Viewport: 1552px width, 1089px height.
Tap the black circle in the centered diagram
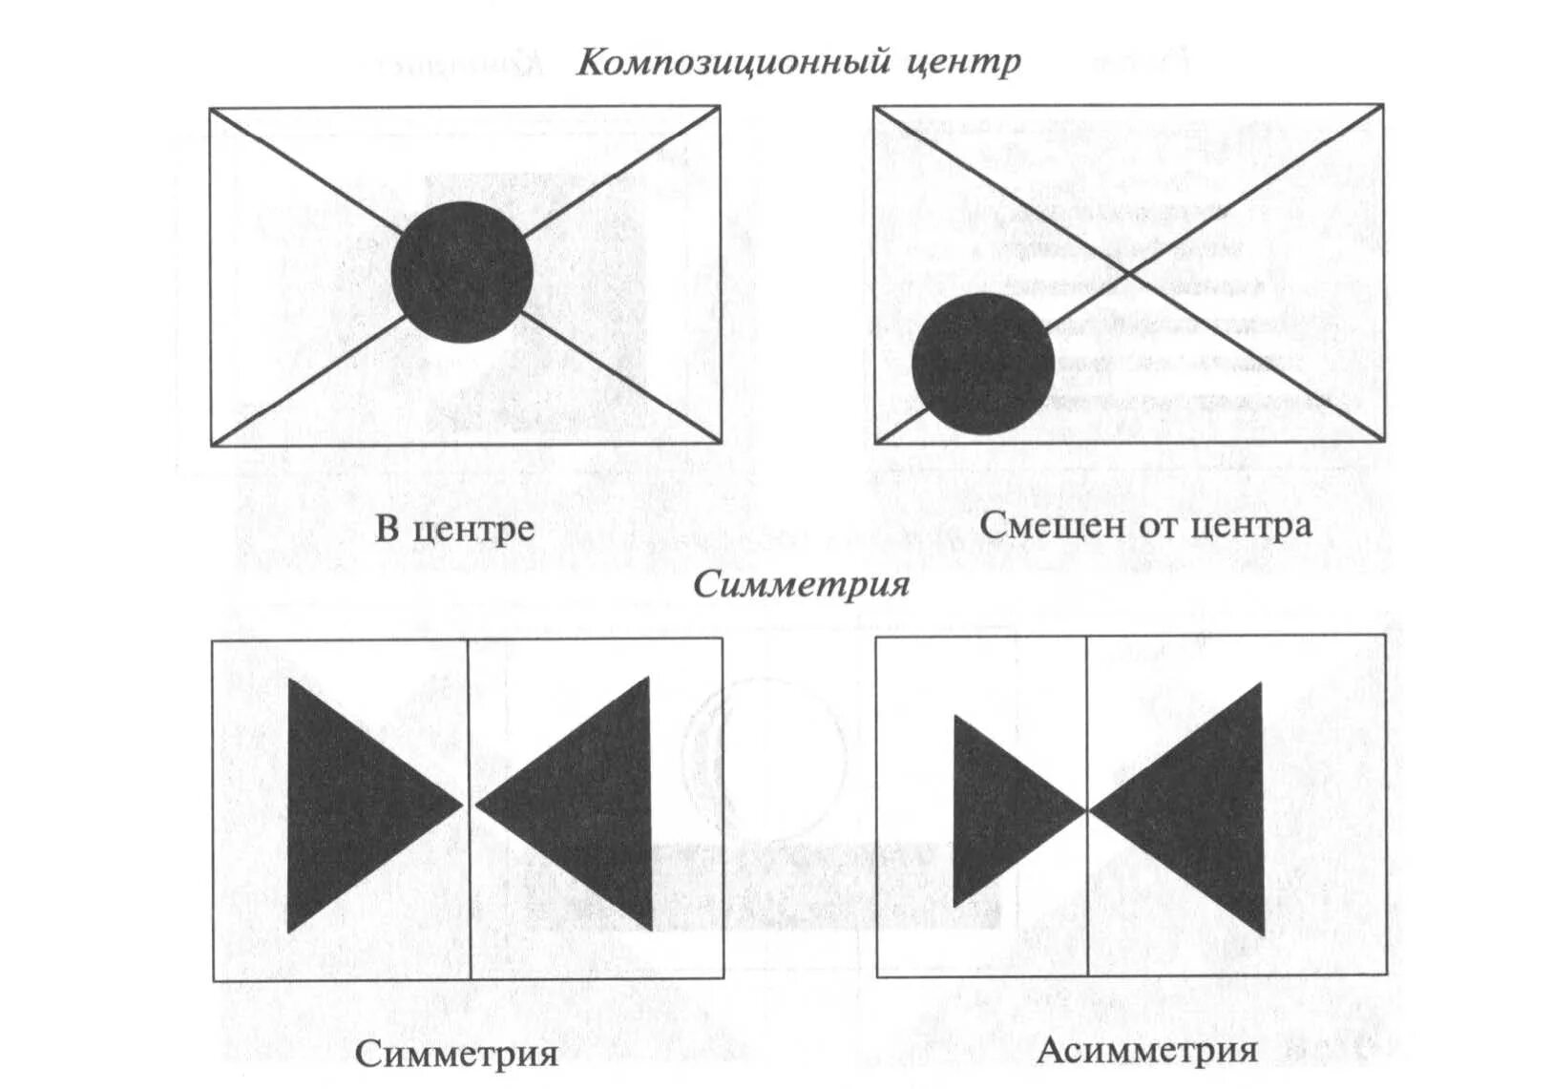pyautogui.click(x=462, y=272)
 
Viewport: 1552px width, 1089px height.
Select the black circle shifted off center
pyautogui.click(x=983, y=364)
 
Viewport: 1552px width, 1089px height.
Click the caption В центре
pyautogui.click(x=454, y=528)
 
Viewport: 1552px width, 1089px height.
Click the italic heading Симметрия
pyautogui.click(x=801, y=584)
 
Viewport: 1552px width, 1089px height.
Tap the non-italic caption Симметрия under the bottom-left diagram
pyautogui.click(x=456, y=1054)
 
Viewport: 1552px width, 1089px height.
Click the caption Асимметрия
pyautogui.click(x=1146, y=1050)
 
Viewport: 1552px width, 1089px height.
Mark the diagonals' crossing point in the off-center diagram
pyautogui.click(x=1129, y=274)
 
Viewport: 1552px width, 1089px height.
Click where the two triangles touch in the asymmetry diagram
pyautogui.click(x=1088, y=811)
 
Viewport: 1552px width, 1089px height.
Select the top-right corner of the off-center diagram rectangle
pyautogui.click(x=1382, y=106)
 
